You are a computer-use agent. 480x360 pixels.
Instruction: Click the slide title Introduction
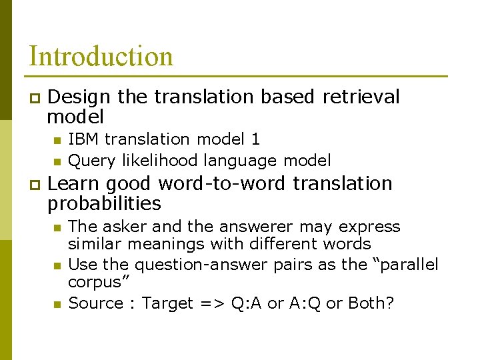(x=101, y=57)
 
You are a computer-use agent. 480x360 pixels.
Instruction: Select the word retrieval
(x=361, y=97)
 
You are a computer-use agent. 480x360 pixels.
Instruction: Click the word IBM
(x=83, y=139)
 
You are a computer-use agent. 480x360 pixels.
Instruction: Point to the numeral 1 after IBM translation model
(x=255, y=139)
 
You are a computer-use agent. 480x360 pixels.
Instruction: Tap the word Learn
(x=75, y=183)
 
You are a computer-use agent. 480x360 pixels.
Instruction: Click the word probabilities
(x=104, y=203)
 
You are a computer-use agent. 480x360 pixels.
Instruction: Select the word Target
(x=166, y=303)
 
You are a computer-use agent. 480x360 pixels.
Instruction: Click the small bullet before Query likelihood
(x=57, y=161)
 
